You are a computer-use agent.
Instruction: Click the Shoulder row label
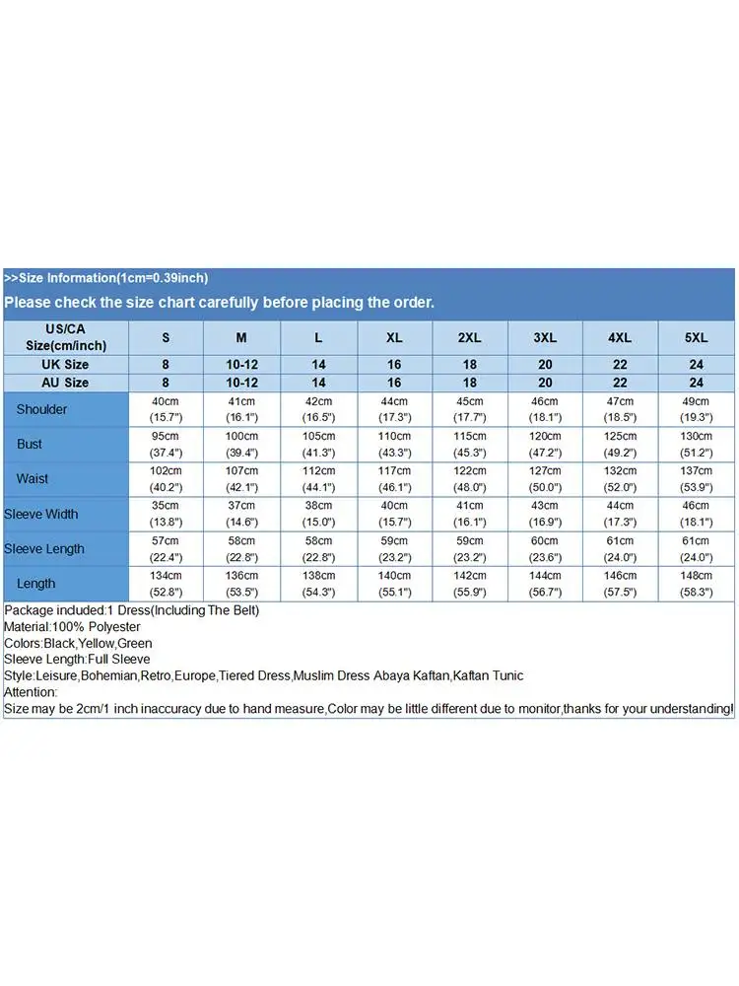[x=41, y=409]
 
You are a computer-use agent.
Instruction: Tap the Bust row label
[x=30, y=444]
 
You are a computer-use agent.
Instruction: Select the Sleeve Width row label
[x=40, y=514]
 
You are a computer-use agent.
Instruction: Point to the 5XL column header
[x=697, y=337]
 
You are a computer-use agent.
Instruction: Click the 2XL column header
[x=470, y=337]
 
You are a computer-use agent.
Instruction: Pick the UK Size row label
[x=65, y=365]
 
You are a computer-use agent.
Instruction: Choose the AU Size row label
[x=65, y=383]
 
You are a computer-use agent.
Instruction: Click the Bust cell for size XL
[x=394, y=444]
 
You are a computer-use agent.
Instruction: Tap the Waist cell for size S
[x=166, y=478]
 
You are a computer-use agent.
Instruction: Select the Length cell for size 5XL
[x=697, y=583]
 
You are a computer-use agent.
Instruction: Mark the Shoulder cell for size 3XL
[x=545, y=409]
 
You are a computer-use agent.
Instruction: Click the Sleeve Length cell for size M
[x=241, y=548]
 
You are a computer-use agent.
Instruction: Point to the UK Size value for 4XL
[x=620, y=365]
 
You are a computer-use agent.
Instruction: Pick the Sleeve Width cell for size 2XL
[x=470, y=514]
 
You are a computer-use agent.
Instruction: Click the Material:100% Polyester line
[x=72, y=627]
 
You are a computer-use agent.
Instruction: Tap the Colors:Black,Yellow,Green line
[x=78, y=644]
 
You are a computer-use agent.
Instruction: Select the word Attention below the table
[x=32, y=692]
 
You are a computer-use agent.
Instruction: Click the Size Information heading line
[x=106, y=278]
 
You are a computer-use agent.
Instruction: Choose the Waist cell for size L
[x=318, y=478]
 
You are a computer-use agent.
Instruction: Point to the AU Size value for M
[x=241, y=383]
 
